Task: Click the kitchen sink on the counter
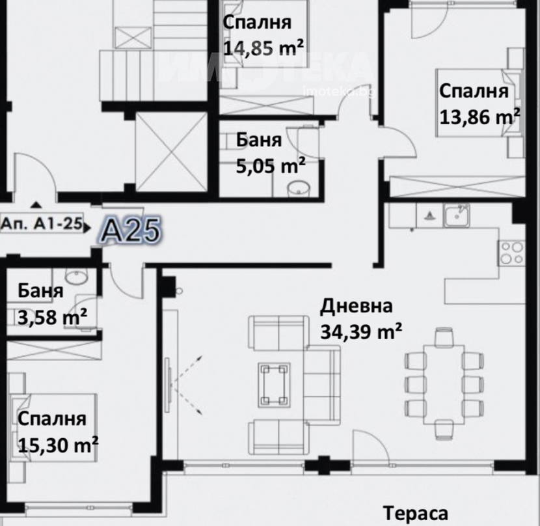pyautogui.click(x=456, y=215)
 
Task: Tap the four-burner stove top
pyautogui.click(x=511, y=253)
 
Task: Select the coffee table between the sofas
pyautogui.click(x=274, y=385)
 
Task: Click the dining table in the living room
pyautogui.click(x=444, y=385)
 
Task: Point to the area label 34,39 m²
pyautogui.click(x=361, y=331)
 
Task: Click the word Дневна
pyautogui.click(x=356, y=307)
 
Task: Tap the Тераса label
pyautogui.click(x=415, y=513)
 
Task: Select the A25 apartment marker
pyautogui.click(x=132, y=230)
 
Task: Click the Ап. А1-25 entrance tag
pyautogui.click(x=42, y=224)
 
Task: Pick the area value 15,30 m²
pyautogui.click(x=58, y=445)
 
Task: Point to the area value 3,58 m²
pyautogui.click(x=52, y=317)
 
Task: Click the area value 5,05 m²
pyautogui.click(x=271, y=166)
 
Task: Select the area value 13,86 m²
pyautogui.click(x=479, y=117)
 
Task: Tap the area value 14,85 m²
pyautogui.click(x=263, y=48)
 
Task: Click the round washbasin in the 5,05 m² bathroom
pyautogui.click(x=299, y=189)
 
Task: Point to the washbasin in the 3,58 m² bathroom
pyautogui.click(x=77, y=276)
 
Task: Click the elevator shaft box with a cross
pyautogui.click(x=172, y=152)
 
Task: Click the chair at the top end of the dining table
pyautogui.click(x=444, y=337)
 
